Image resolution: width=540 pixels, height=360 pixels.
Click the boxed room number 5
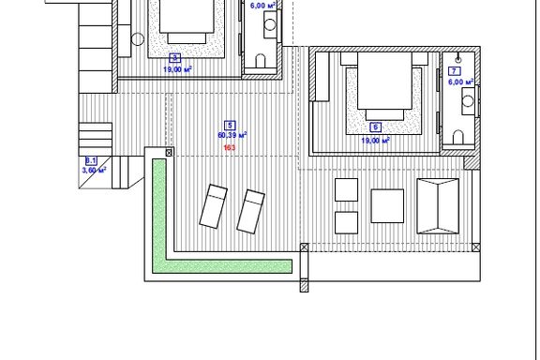click(230, 126)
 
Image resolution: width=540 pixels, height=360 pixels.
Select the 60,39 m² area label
click(232, 135)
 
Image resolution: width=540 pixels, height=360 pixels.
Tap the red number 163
click(230, 148)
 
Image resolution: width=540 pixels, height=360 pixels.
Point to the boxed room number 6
click(375, 127)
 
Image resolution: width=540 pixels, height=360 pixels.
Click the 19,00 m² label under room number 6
click(375, 141)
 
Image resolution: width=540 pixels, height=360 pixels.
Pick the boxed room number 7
click(455, 71)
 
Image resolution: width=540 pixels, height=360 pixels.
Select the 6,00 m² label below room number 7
click(461, 82)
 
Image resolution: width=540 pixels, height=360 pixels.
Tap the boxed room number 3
click(175, 57)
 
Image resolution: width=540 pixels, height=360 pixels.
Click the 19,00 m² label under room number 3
click(177, 69)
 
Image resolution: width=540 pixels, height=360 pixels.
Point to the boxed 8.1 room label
click(91, 161)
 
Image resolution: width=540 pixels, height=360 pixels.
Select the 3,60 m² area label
click(94, 170)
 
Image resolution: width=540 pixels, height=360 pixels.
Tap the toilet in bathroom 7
click(458, 137)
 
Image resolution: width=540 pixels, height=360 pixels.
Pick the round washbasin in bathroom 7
click(467, 101)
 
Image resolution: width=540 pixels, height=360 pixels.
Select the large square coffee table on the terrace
click(387, 206)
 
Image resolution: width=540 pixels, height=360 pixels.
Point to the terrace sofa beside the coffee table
click(438, 206)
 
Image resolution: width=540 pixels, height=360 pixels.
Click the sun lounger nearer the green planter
click(214, 206)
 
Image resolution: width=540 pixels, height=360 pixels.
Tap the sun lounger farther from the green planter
click(250, 211)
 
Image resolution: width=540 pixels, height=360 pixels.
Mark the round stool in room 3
click(138, 39)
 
